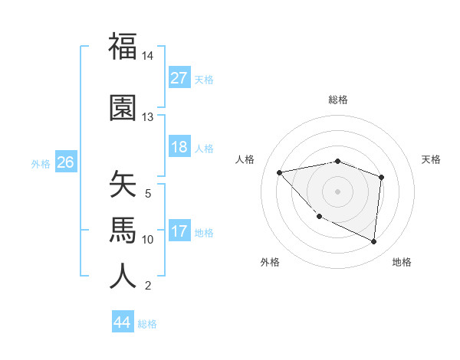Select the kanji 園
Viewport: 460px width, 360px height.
[x=123, y=109]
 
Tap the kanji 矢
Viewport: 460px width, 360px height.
[x=123, y=185]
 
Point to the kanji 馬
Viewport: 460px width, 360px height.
[x=123, y=229]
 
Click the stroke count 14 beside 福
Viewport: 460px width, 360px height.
[x=148, y=57]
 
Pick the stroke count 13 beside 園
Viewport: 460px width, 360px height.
[x=148, y=117]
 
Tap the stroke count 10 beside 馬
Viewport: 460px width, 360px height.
[x=148, y=240]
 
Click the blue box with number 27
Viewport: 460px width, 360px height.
[x=179, y=78]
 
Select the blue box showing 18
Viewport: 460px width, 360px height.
[x=179, y=147]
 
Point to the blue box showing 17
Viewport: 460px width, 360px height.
[x=179, y=231]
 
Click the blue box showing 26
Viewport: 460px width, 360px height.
[x=65, y=162]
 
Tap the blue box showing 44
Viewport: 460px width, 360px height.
[x=123, y=322]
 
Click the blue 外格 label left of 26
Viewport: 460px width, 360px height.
[x=41, y=163]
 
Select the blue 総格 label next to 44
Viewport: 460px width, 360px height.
[x=147, y=324]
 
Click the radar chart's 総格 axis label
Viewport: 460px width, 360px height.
[x=338, y=100]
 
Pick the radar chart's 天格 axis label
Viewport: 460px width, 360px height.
[x=432, y=159]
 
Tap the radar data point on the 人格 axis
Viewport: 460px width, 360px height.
[x=280, y=172]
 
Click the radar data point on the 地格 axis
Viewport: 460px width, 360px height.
[x=373, y=241]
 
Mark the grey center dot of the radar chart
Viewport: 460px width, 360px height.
[x=337, y=191]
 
